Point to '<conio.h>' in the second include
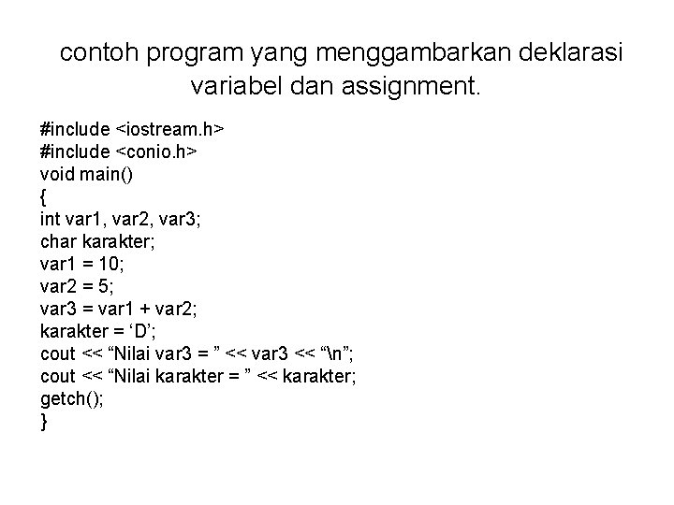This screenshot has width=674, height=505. pyautogui.click(x=154, y=151)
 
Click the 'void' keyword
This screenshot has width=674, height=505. pyautogui.click(x=57, y=172)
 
